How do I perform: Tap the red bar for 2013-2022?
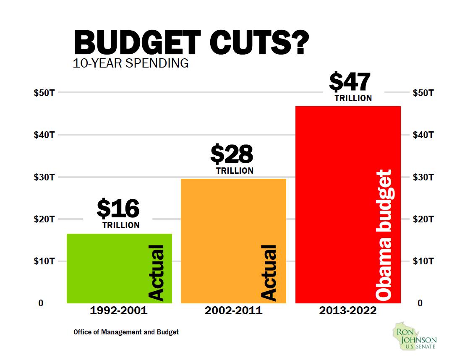(336, 206)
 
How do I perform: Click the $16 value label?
(118, 209)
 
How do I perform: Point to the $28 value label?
(232, 154)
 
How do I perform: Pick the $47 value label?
(350, 82)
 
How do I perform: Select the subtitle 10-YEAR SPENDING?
(131, 64)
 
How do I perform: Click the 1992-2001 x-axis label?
(119, 311)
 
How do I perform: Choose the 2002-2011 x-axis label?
(233, 311)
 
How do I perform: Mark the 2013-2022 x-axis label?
(348, 311)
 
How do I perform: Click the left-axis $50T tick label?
(44, 93)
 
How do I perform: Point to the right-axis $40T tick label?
(423, 135)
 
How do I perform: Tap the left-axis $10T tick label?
(44, 261)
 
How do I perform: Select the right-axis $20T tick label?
(423, 219)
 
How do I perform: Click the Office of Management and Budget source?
(126, 332)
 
